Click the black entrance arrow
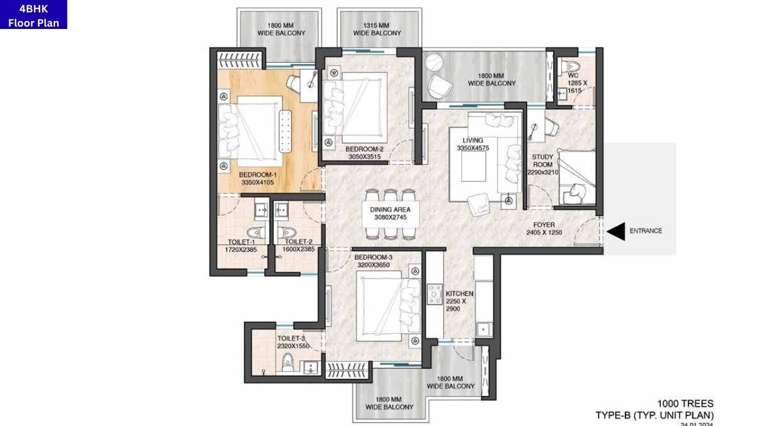(x=616, y=231)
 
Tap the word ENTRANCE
(x=645, y=231)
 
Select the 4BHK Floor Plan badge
(x=34, y=15)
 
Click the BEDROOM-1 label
(x=258, y=175)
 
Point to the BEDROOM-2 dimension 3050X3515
(x=364, y=157)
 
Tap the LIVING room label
(x=473, y=140)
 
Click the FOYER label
(x=544, y=225)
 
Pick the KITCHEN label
(x=459, y=293)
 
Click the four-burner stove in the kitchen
(x=435, y=294)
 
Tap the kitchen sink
(x=483, y=328)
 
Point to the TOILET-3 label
(x=291, y=338)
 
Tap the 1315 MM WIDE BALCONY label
(x=377, y=30)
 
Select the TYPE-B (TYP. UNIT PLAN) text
(x=654, y=415)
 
